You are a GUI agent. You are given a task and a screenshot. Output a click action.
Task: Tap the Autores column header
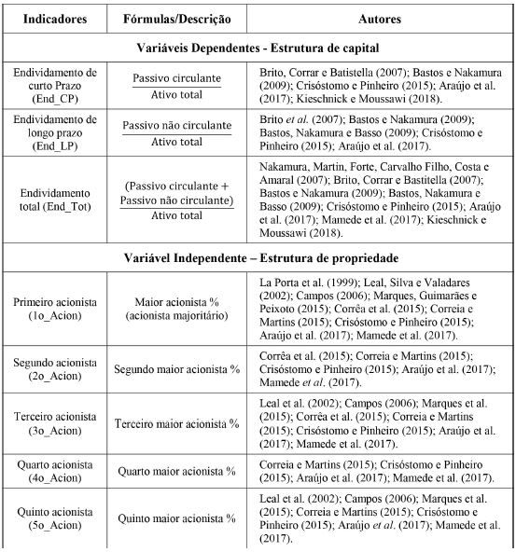[381, 18]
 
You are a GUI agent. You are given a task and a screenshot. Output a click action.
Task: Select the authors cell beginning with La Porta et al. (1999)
[381, 309]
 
